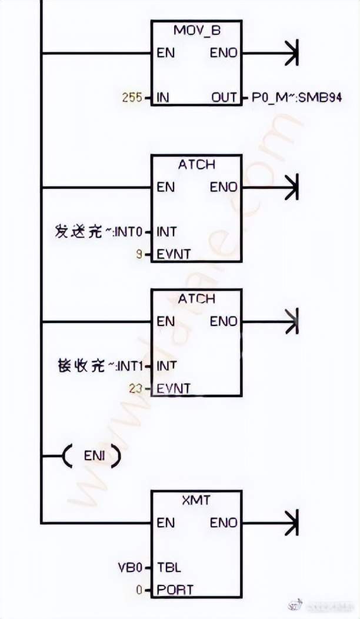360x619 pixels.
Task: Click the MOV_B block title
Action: click(196, 30)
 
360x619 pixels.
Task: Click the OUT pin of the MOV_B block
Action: click(224, 98)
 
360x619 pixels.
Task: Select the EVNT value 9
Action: click(139, 255)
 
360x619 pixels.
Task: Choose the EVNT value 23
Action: click(136, 388)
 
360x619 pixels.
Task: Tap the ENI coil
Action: click(91, 455)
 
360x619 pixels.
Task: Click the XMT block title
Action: click(196, 500)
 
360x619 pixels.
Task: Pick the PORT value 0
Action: click(139, 590)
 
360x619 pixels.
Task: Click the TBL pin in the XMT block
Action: click(169, 568)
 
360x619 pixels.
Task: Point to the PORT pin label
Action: click(175, 590)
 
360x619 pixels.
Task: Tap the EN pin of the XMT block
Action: click(166, 523)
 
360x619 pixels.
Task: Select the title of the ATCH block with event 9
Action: click(196, 165)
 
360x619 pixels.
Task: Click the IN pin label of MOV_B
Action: click(163, 98)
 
